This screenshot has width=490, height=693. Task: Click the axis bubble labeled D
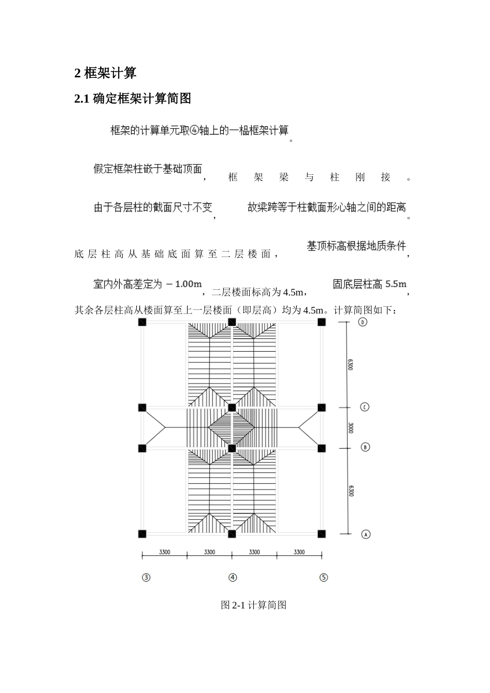point(363,322)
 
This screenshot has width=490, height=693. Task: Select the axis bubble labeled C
point(365,407)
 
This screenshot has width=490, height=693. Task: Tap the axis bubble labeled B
point(365,447)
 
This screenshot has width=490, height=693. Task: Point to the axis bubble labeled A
point(366,534)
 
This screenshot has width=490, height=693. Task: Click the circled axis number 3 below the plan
point(146,577)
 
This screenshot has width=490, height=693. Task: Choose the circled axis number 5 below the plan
point(323,577)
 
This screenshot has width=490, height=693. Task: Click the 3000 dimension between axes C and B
point(351,427)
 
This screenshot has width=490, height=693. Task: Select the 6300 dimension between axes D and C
point(351,365)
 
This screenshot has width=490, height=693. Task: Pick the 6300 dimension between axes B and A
point(351,490)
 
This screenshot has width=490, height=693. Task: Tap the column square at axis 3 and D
point(142,322)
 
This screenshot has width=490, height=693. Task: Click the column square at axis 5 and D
point(321,322)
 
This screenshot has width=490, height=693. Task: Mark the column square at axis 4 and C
point(232,408)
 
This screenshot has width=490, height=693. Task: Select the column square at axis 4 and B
point(232,448)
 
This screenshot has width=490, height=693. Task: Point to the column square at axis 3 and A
point(142,534)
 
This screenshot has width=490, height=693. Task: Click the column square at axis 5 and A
point(321,534)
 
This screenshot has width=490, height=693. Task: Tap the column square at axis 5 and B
point(321,448)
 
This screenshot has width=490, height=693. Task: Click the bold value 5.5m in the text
point(396,284)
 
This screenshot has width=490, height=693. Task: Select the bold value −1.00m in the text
point(184,284)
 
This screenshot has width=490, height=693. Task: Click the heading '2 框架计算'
point(105,73)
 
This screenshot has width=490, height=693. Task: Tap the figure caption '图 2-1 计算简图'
point(253,605)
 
